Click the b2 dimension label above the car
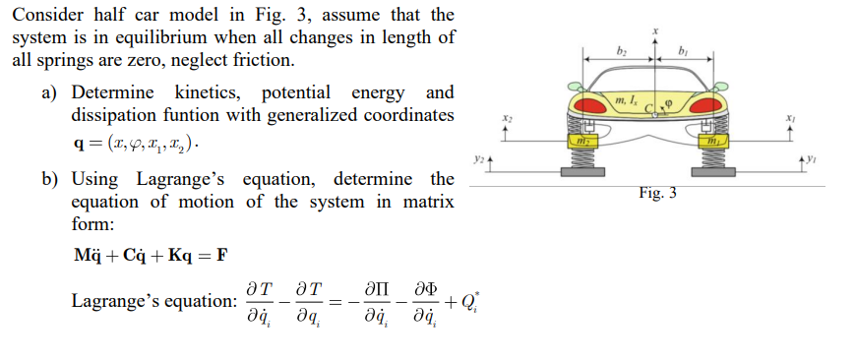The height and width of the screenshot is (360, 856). coord(621,49)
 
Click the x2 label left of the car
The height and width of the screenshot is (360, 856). coord(507,115)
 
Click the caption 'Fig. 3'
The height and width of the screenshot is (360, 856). coord(656,193)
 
